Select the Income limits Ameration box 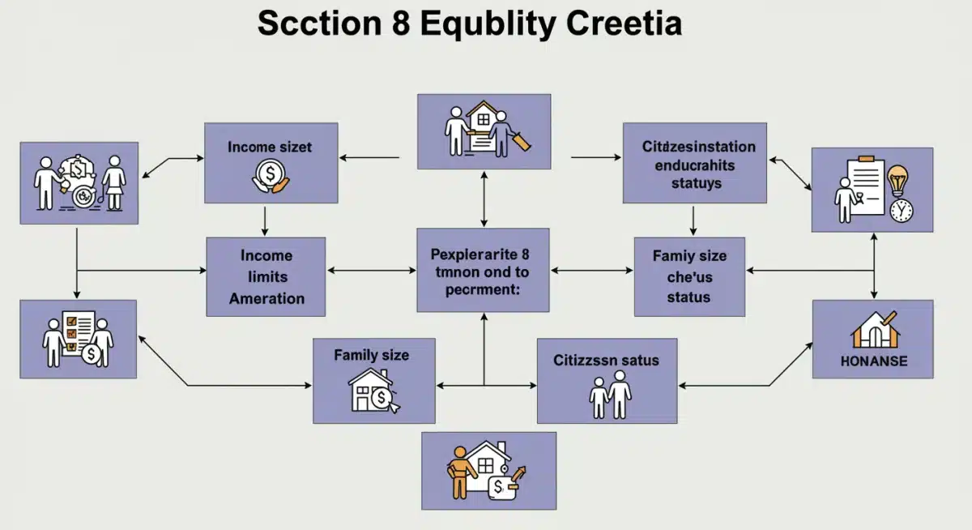click(266, 276)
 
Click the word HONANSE click(872, 361)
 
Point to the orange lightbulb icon click(898, 182)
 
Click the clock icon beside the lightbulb click(900, 210)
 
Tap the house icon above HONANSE click(872, 327)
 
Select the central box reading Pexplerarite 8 click(484, 269)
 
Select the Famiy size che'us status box click(689, 276)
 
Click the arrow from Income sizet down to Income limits click(266, 220)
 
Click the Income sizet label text click(270, 147)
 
